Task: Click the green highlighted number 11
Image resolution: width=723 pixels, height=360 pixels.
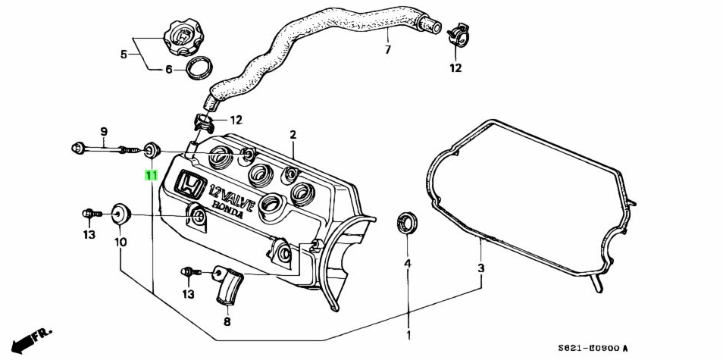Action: pyautogui.click(x=152, y=175)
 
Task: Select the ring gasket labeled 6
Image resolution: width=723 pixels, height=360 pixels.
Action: pyautogui.click(x=199, y=67)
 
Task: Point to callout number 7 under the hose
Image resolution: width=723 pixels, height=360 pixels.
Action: pyautogui.click(x=387, y=50)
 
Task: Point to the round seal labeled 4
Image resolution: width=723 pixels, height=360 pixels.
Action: pyautogui.click(x=407, y=224)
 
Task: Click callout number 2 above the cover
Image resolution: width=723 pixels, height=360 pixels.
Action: pyautogui.click(x=293, y=135)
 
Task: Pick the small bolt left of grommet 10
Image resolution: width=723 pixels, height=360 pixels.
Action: pyautogui.click(x=89, y=214)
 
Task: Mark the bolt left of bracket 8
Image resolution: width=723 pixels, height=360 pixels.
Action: pyautogui.click(x=189, y=271)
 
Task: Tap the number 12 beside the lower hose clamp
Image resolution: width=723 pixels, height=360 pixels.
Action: pyautogui.click(x=236, y=120)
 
